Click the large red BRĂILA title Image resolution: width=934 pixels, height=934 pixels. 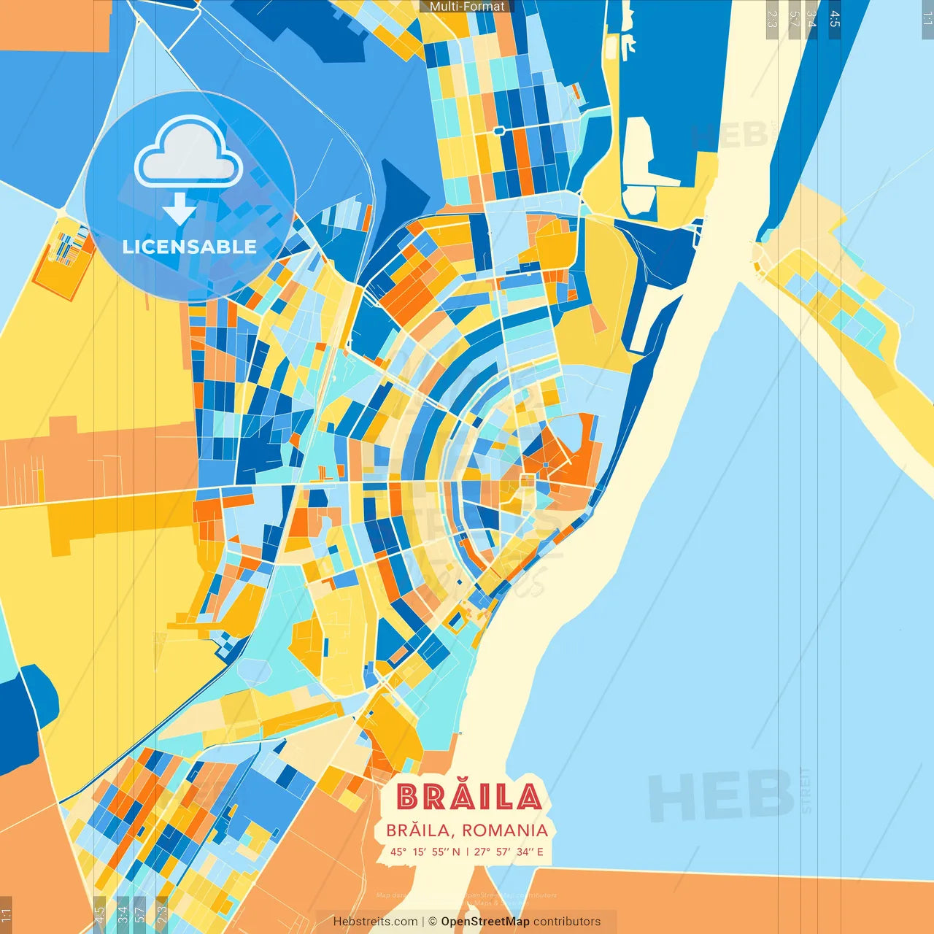pos(469,797)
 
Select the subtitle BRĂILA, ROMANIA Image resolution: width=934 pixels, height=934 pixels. pos(467,830)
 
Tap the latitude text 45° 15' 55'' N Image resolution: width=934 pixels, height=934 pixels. pos(425,852)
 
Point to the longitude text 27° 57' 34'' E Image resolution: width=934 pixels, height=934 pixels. pos(509,852)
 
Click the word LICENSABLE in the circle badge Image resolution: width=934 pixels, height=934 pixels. pos(190,247)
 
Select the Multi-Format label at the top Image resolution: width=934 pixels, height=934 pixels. pos(467,7)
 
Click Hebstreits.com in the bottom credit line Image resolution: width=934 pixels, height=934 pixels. pos(375,922)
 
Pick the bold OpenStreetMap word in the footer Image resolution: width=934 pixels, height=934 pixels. pos(485,922)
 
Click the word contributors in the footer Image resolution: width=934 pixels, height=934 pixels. pos(567,922)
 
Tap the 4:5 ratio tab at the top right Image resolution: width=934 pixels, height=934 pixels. pos(835,19)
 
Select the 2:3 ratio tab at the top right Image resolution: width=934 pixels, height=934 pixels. pos(771,19)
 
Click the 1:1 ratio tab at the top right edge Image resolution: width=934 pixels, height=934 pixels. pos(927,18)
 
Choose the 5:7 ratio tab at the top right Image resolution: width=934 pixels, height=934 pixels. pos(794,19)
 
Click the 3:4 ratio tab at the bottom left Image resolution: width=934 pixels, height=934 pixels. pos(122,914)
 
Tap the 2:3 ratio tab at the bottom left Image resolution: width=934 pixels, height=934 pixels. pos(161,914)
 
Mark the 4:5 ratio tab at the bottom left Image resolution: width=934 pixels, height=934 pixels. pos(99,914)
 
